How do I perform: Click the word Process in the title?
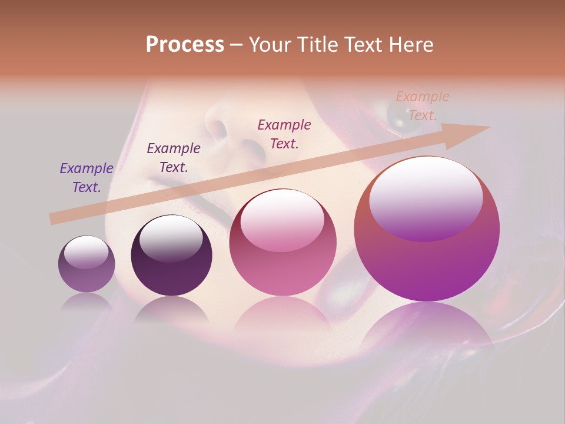click(x=185, y=44)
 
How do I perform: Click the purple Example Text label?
click(x=86, y=178)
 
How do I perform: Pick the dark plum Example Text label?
click(x=173, y=158)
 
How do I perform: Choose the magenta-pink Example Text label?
click(x=284, y=134)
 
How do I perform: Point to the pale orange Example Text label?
click(x=422, y=106)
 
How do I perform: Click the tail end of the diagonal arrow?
click(x=52, y=219)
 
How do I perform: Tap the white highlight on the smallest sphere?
click(x=86, y=252)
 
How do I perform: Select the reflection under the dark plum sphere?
click(x=171, y=309)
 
